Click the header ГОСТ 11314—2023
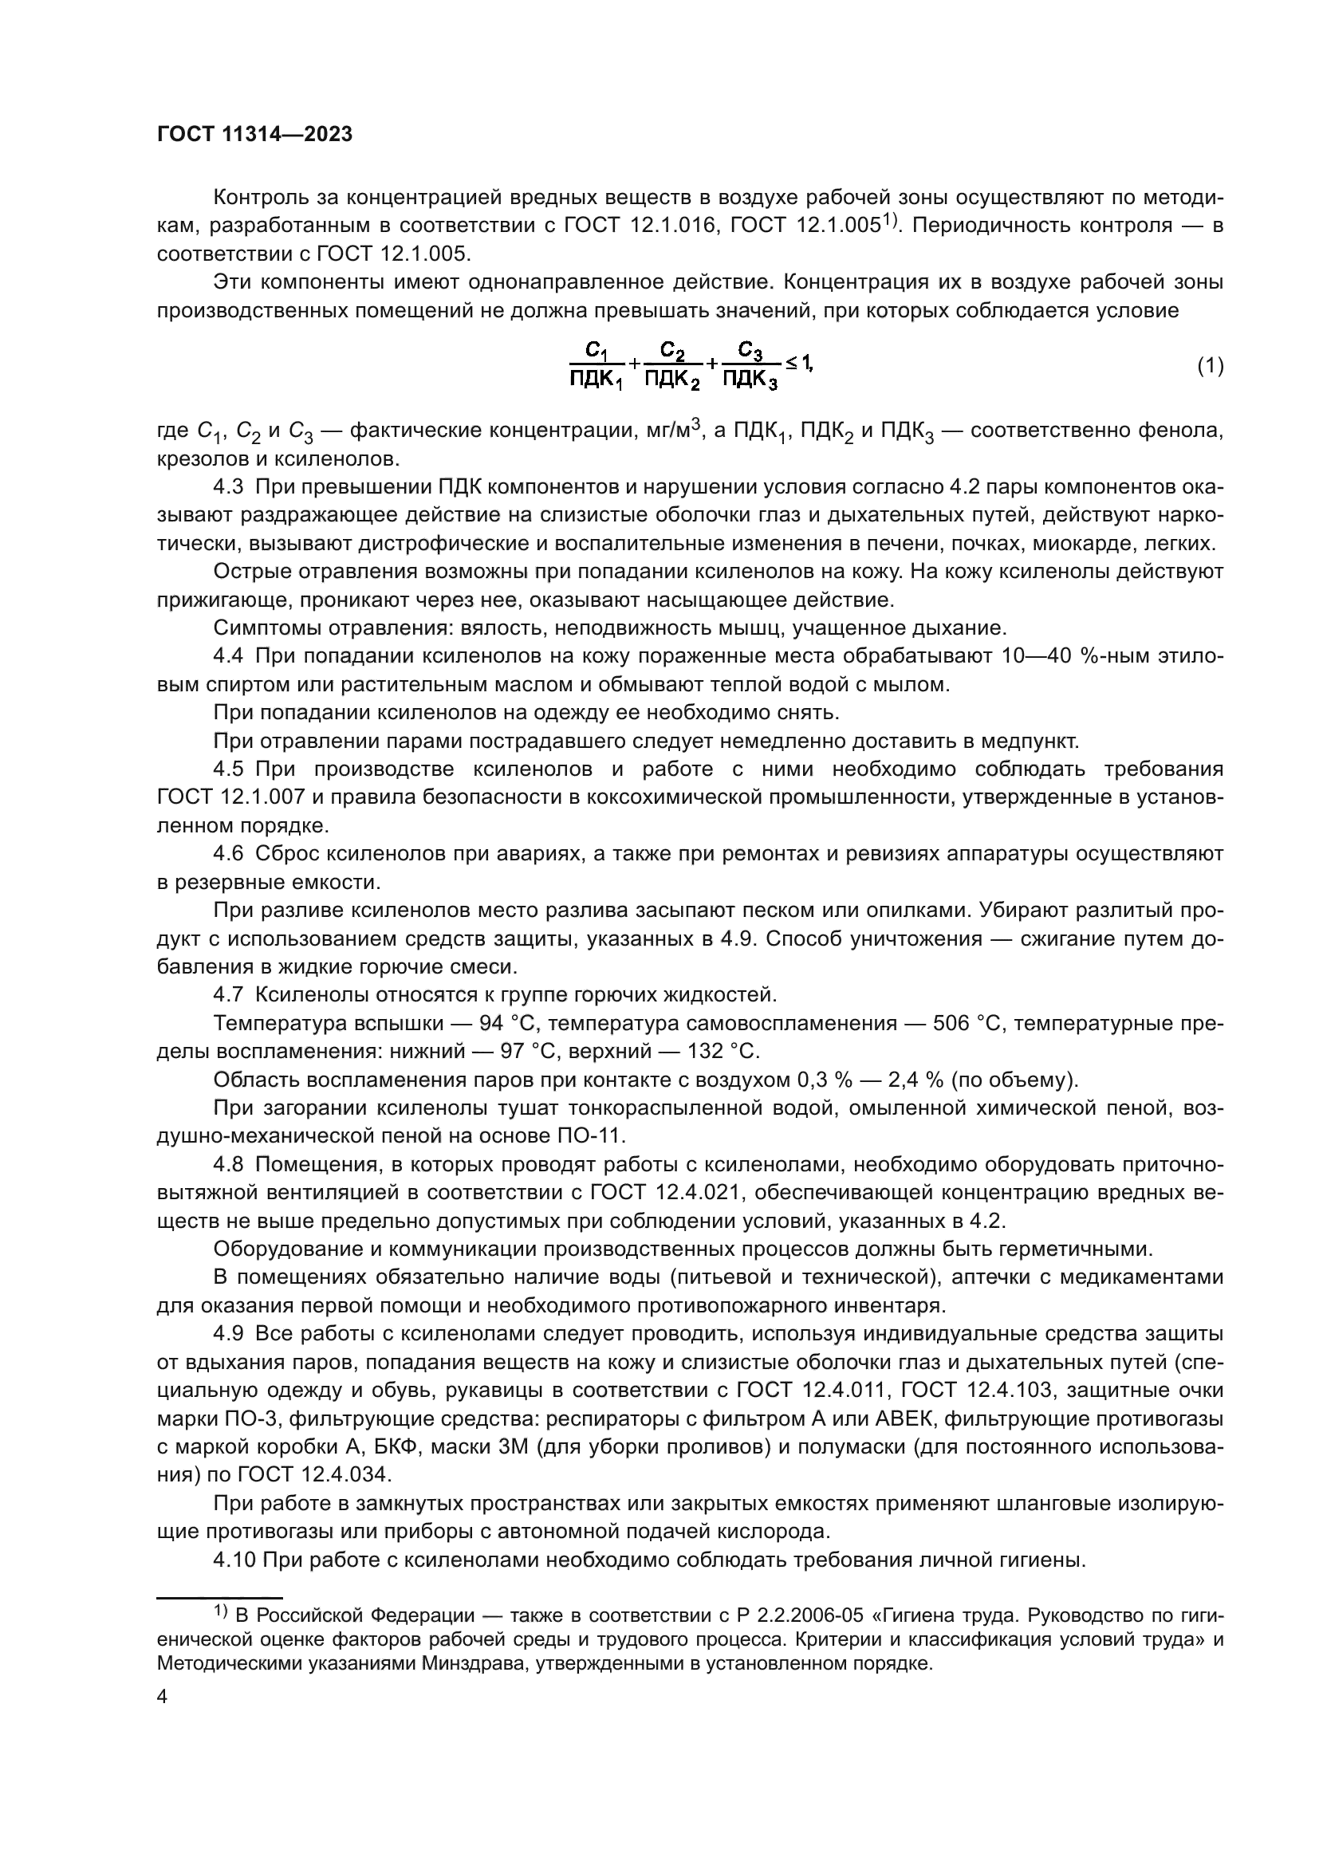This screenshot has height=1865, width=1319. point(255,135)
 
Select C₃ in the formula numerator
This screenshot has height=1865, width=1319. point(750,352)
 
